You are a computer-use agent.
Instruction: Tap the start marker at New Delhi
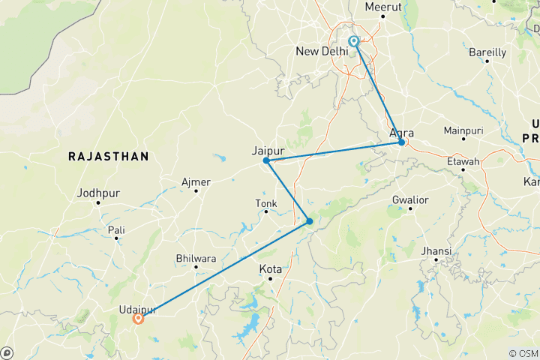[x=354, y=42]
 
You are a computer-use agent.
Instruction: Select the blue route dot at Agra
[x=402, y=142]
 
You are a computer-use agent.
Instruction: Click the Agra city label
[x=402, y=133]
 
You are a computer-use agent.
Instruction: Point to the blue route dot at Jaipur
[x=266, y=160]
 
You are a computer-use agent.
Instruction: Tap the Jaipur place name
[x=268, y=151]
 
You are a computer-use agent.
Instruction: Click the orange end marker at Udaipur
[x=139, y=318]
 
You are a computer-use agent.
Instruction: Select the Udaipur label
[x=136, y=308]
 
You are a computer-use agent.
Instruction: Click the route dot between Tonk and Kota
[x=309, y=221]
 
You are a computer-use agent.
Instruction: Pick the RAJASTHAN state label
[x=108, y=156]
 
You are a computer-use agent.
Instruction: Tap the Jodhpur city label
[x=99, y=193]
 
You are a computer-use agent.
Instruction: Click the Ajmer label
[x=196, y=181]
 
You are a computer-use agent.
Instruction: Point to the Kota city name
[x=270, y=268]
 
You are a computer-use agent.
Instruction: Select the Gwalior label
[x=409, y=199]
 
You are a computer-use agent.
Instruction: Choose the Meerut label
[x=383, y=7]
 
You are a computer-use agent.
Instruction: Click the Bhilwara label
[x=195, y=258]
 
